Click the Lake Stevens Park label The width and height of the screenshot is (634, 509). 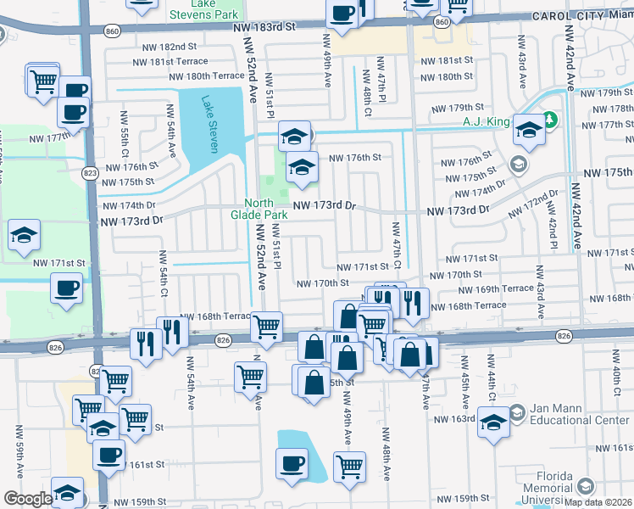pos(204,9)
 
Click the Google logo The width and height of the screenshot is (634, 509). pos(27,499)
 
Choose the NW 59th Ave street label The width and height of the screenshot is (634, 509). pos(18,459)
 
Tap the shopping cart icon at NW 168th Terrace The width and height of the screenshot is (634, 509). pos(267,325)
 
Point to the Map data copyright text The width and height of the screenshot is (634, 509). pos(598,501)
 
